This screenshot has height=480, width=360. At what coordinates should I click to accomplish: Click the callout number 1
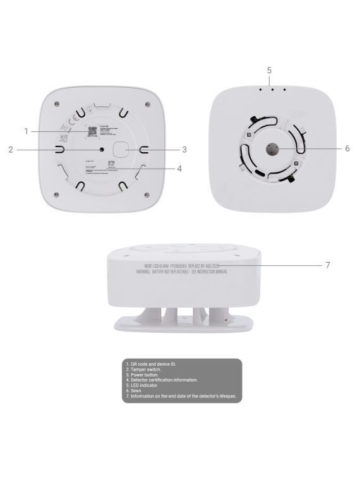[x=26, y=131]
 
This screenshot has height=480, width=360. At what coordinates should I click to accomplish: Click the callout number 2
[x=11, y=150]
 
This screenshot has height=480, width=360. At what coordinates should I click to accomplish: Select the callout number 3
[x=184, y=150]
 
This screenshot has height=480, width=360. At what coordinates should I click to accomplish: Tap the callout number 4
[x=179, y=169]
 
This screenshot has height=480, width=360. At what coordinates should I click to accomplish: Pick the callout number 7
[x=327, y=265]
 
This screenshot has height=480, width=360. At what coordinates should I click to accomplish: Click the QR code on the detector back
[x=91, y=131]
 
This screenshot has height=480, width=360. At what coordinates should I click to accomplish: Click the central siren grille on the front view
[x=273, y=150]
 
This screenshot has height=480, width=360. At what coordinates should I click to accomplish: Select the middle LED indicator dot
[x=272, y=89]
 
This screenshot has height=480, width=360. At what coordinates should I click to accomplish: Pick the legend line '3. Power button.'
[x=141, y=375]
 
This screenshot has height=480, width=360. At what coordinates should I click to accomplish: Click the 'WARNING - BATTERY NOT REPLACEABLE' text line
[x=181, y=270]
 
